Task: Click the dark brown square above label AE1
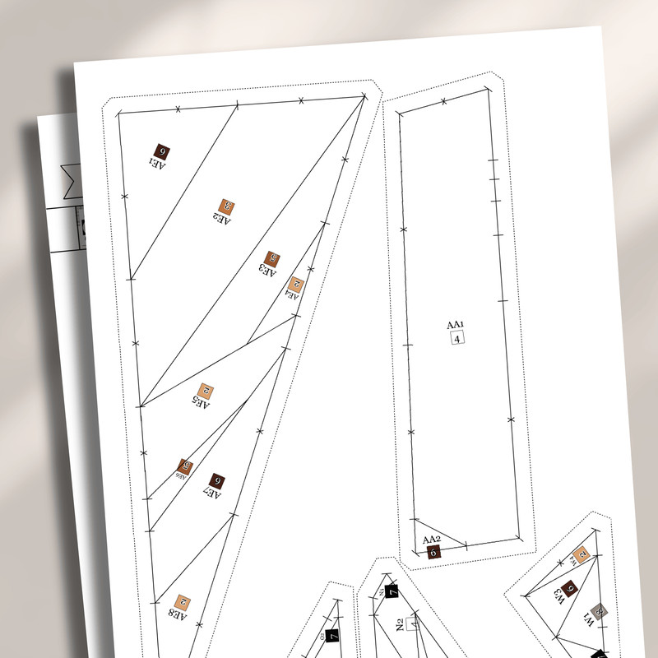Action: tap(161, 152)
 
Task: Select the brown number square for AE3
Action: tap(273, 259)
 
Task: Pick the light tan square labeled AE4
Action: tap(297, 285)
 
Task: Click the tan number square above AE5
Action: tap(206, 392)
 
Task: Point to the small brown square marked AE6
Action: tap(186, 466)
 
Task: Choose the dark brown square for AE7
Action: tap(217, 481)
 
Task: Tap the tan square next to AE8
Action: tap(183, 603)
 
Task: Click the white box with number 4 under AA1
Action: tap(458, 337)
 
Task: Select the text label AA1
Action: tap(456, 324)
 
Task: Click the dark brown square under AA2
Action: tap(433, 552)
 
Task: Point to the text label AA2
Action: tap(432, 540)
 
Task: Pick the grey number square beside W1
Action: tap(600, 610)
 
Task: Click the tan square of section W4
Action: tap(582, 554)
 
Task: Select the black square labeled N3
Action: tap(392, 590)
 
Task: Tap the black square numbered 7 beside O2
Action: tap(332, 635)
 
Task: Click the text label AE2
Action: tap(221, 219)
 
